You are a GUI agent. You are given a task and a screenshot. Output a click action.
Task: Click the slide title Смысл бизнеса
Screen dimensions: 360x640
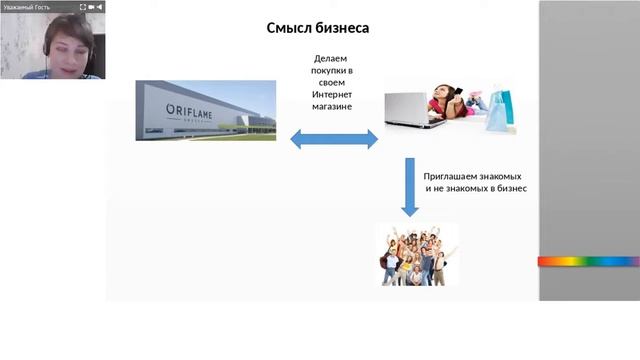pos(317,28)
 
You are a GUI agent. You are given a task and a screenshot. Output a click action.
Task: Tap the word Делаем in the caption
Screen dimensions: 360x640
pos(333,59)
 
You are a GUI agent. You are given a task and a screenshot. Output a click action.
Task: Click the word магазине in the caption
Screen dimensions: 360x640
pos(333,105)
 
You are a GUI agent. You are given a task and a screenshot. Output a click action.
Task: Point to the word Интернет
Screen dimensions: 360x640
pos(333,94)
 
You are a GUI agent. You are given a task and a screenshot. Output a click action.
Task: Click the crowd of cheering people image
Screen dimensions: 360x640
pos(416,254)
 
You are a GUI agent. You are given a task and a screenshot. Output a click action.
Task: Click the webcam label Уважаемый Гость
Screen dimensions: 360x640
pos(28,6)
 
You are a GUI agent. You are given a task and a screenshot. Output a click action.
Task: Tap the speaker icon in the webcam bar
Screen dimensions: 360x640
pos(101,6)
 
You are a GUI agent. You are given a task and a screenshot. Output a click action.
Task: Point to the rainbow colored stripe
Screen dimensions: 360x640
pos(588,261)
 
